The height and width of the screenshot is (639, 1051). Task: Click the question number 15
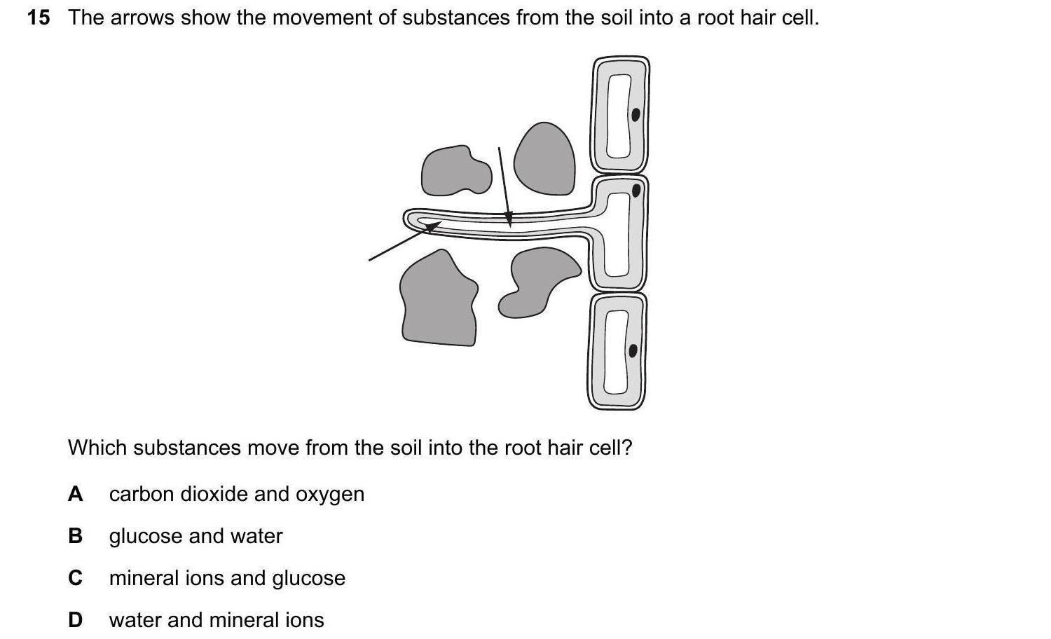(39, 18)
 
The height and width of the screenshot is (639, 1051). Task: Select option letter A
(75, 494)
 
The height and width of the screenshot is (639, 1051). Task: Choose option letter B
(75, 536)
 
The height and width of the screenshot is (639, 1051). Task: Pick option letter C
(75, 577)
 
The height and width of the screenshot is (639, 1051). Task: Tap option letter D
(75, 620)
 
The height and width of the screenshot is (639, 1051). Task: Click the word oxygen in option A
(330, 495)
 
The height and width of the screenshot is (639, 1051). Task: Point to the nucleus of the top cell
(636, 114)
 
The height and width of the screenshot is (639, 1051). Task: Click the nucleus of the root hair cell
(636, 191)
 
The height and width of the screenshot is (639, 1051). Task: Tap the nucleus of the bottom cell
(633, 350)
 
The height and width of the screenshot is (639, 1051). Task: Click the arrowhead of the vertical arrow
(509, 219)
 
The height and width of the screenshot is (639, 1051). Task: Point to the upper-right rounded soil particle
(544, 159)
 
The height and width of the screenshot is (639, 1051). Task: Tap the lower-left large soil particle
(439, 299)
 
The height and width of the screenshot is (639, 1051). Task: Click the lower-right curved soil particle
(537, 282)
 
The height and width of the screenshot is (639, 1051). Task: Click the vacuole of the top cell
(619, 116)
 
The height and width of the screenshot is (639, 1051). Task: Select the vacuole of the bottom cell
(616, 352)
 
